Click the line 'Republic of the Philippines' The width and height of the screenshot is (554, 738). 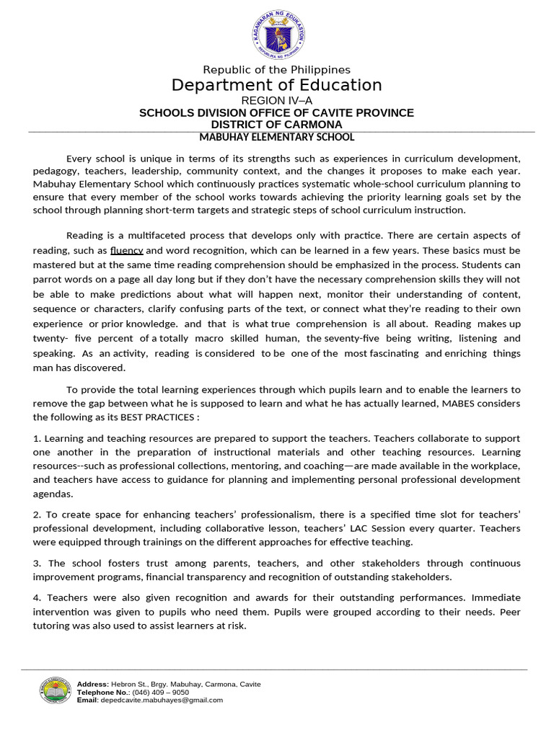tap(276, 70)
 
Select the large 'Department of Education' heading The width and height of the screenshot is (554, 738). tap(276, 86)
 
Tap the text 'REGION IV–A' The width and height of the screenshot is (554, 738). tap(276, 101)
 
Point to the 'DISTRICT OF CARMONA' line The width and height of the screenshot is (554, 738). tap(276, 125)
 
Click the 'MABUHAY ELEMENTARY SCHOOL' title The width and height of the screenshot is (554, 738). tap(276, 137)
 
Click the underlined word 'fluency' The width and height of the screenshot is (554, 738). tap(127, 251)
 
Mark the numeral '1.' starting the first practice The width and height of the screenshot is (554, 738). tap(38, 439)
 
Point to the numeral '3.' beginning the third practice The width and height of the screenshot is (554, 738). tap(38, 564)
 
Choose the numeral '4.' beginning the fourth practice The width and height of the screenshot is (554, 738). tap(38, 598)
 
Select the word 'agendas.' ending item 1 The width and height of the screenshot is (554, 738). tap(53, 495)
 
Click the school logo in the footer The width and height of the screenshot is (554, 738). tap(55, 691)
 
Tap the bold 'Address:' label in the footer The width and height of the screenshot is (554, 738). tap(93, 684)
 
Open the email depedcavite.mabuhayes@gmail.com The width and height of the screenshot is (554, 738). tap(162, 700)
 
